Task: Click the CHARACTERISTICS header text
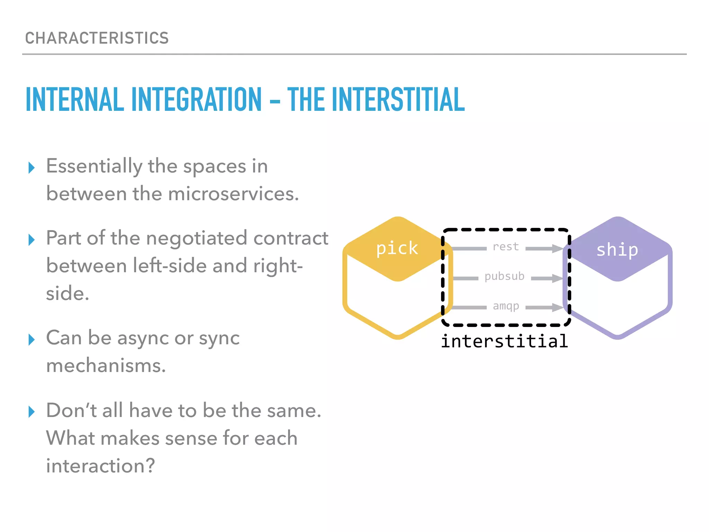97,38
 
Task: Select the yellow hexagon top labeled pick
397,248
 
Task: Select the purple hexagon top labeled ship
617,249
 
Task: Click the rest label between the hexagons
506,247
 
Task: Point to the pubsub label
504,276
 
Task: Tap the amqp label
506,306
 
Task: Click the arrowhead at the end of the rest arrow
557,248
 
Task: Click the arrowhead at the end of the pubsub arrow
557,278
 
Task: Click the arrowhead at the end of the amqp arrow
557,307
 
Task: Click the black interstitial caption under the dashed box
504,342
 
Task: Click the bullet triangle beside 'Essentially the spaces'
32,168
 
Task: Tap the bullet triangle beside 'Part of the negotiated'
32,240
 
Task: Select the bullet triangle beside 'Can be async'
32,340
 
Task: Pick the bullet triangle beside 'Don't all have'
32,412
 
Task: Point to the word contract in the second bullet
291,238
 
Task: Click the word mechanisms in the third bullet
106,366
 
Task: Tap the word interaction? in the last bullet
100,466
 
